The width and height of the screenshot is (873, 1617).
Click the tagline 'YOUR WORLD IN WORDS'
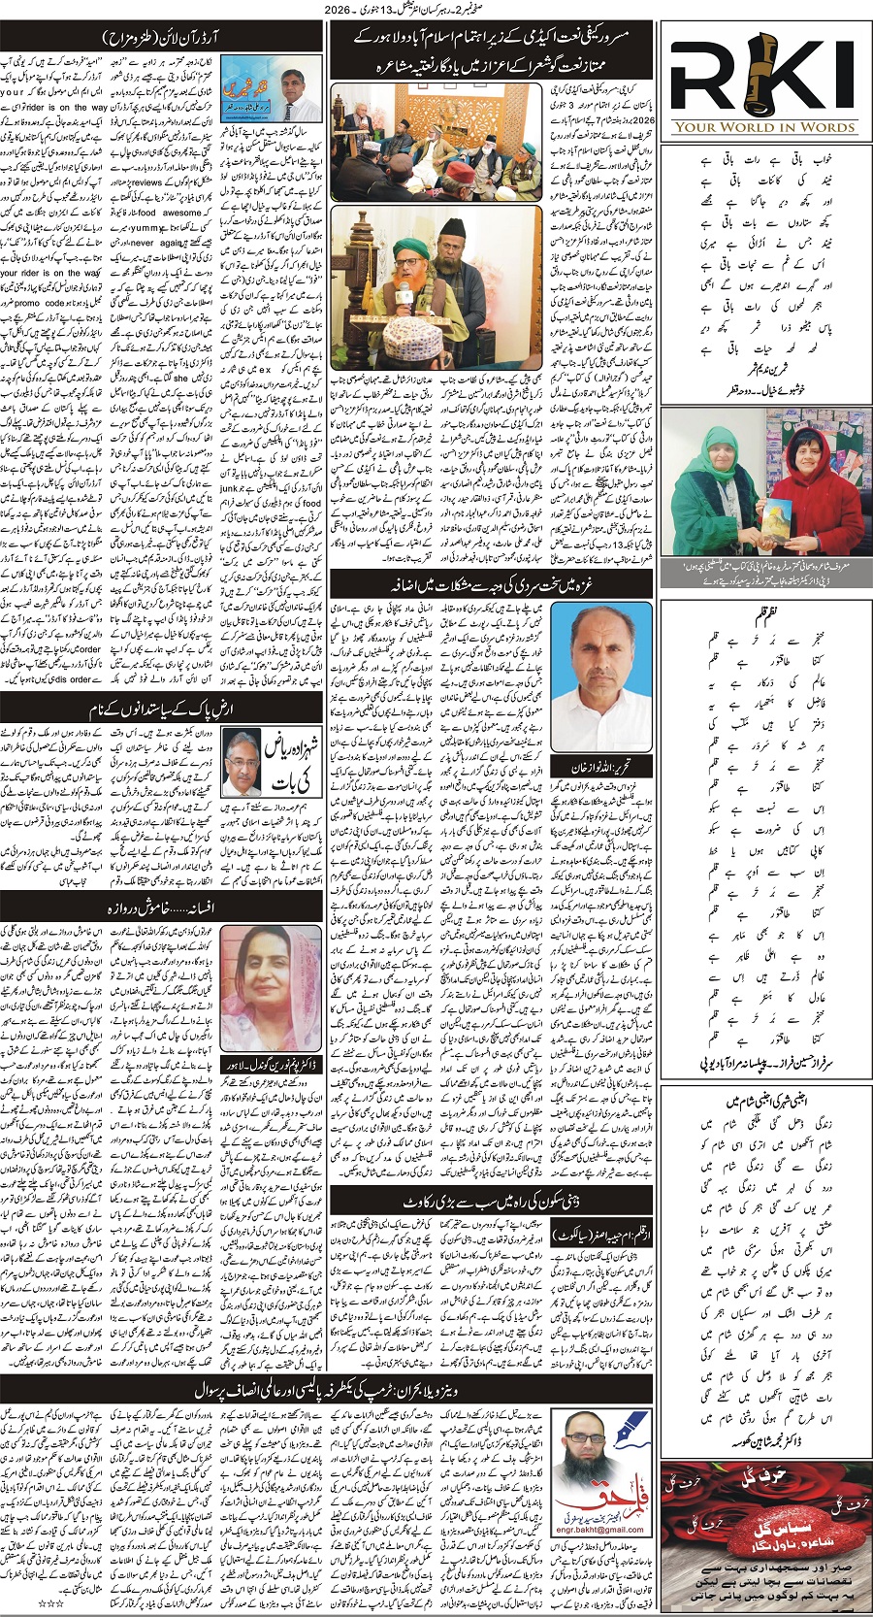click(764, 127)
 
